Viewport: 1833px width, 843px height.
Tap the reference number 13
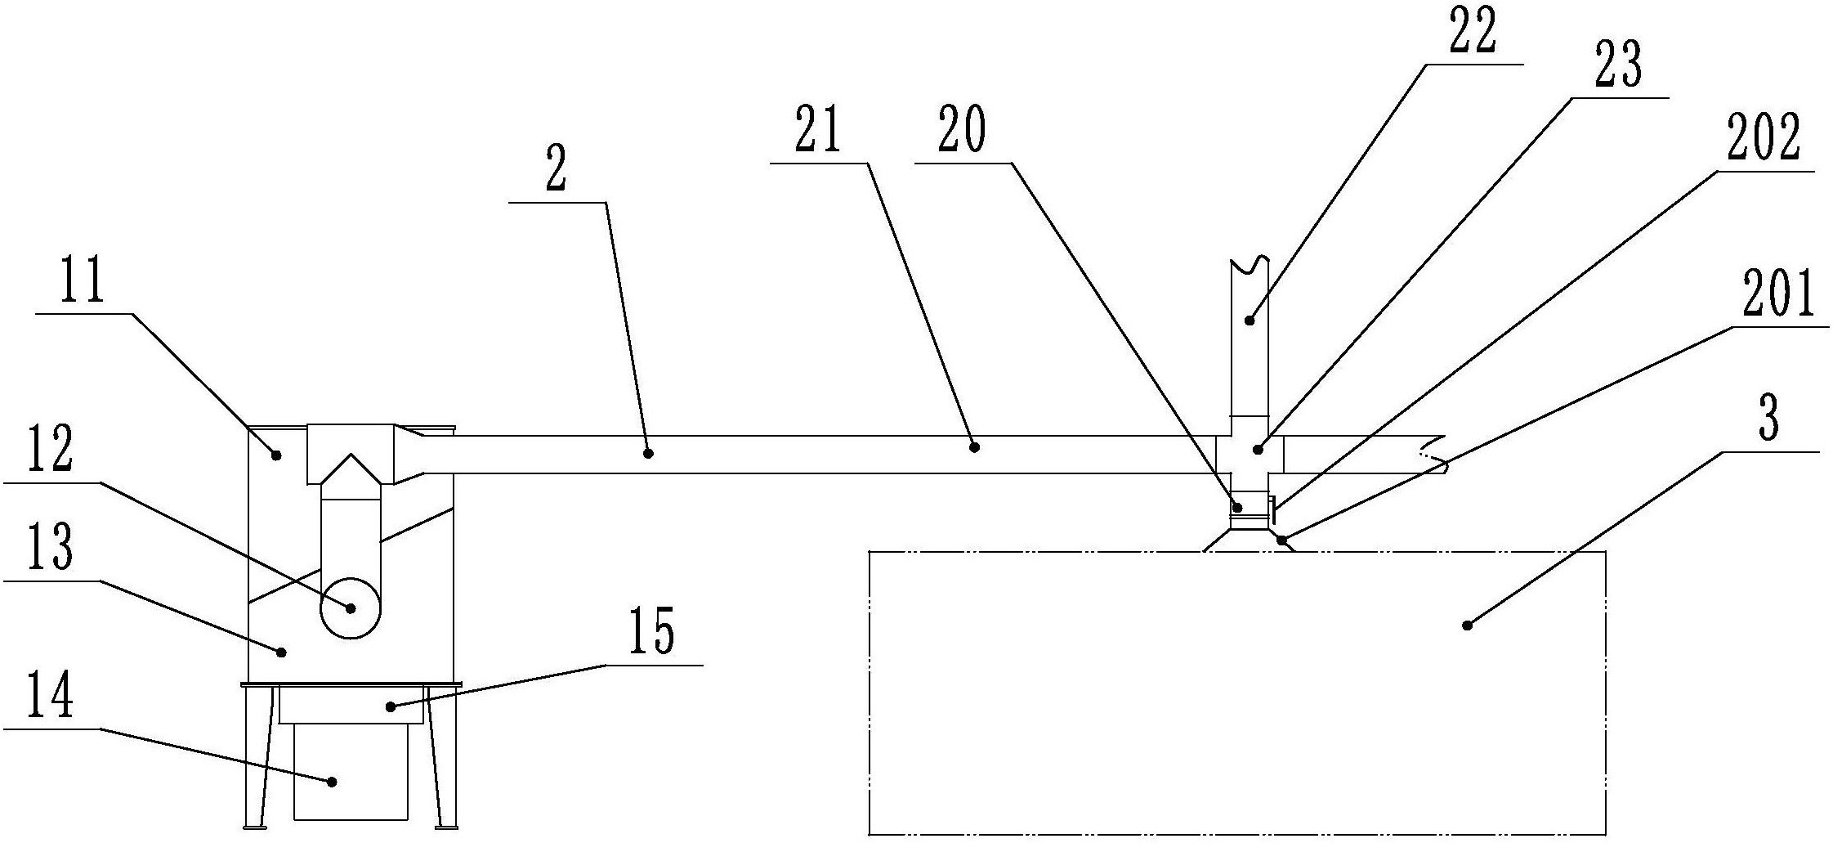[x=50, y=549]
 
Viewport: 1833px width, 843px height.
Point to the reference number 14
[x=50, y=696]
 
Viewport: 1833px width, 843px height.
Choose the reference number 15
[x=651, y=633]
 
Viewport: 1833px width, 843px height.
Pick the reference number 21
[x=818, y=131]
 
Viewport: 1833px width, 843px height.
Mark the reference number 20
[x=961, y=131]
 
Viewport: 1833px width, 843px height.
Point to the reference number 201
[x=1778, y=295]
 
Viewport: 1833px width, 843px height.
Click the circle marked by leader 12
[x=350, y=608]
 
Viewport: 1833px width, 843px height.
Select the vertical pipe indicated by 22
[x=1249, y=343]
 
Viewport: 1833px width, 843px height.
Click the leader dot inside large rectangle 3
[x=1467, y=626]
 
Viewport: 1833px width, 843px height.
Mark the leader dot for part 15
[x=391, y=706]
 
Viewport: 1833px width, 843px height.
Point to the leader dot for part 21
[x=973, y=446]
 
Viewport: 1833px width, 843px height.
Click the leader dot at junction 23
[x=1258, y=449]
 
